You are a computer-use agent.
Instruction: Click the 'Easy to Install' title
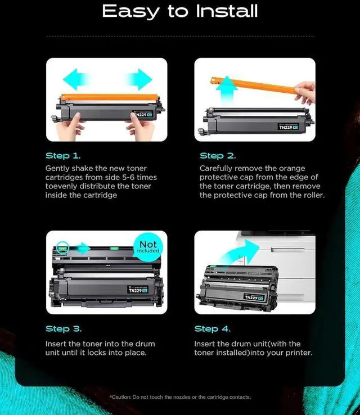180,11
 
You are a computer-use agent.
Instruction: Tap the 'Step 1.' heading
63,156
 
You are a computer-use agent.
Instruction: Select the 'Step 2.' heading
218,156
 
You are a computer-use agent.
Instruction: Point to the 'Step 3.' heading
64,329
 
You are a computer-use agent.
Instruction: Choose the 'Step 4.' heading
212,329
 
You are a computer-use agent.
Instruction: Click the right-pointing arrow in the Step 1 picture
140,79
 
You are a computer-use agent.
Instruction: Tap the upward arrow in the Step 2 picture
227,90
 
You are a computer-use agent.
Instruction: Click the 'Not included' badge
148,247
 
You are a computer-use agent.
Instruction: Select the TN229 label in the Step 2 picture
288,127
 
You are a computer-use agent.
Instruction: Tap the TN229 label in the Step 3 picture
138,290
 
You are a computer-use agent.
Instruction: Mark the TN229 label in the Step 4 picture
254,297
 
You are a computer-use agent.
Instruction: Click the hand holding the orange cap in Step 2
305,92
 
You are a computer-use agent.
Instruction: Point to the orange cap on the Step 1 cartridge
109,97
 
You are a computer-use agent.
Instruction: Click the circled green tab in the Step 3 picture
62,248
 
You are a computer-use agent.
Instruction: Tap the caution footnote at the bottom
180,397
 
